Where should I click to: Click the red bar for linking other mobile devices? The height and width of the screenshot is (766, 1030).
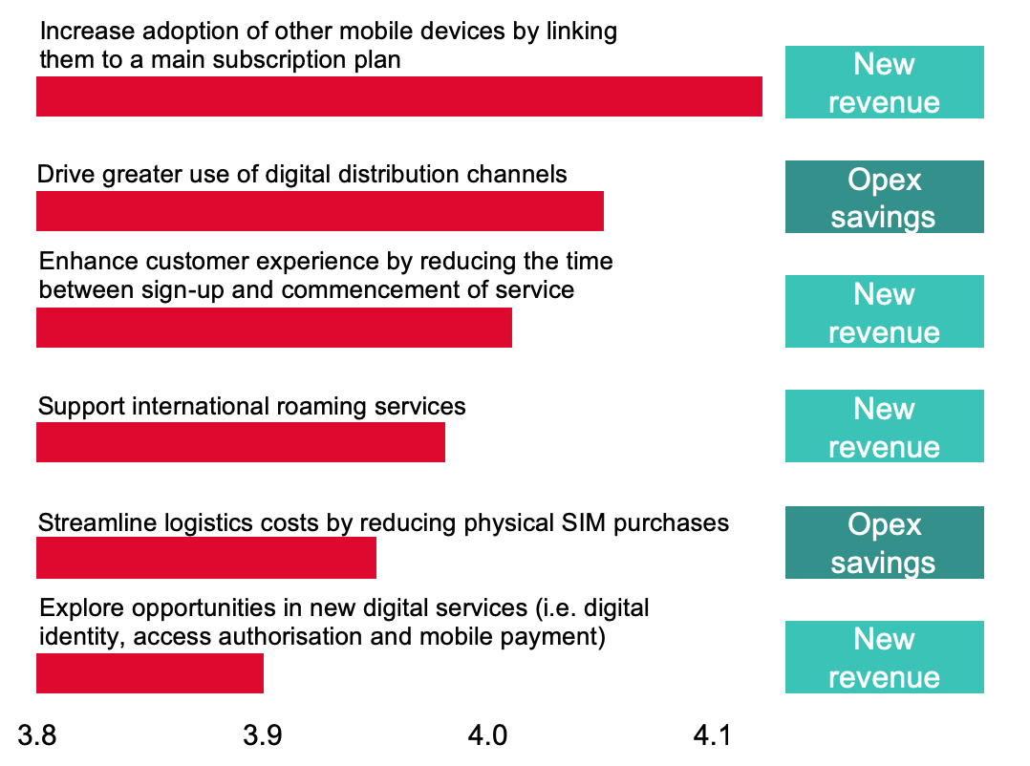coord(399,96)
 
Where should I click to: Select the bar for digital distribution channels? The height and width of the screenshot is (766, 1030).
coord(320,211)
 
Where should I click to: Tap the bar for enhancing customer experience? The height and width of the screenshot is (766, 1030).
coord(274,328)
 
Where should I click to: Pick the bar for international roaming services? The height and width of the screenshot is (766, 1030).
coord(241,442)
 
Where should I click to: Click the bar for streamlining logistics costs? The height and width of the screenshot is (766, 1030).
coord(206,558)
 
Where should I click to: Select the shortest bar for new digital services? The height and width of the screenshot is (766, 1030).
coord(150,673)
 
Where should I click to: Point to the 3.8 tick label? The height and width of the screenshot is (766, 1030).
coord(37,735)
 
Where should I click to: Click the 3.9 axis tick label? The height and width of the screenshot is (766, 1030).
coord(262,735)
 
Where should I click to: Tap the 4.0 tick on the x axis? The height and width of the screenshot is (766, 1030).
coord(486,735)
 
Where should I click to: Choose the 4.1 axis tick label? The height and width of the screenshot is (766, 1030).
coord(712,735)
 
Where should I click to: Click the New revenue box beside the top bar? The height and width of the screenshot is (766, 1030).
coord(884,83)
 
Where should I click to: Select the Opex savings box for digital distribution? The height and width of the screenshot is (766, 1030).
coord(884,198)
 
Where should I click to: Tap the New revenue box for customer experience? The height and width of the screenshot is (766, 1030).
coord(884,312)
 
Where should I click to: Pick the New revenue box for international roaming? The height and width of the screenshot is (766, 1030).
coord(884,427)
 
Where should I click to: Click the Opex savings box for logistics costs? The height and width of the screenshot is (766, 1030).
coord(884,543)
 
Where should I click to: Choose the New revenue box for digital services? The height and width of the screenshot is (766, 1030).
coord(884,657)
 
